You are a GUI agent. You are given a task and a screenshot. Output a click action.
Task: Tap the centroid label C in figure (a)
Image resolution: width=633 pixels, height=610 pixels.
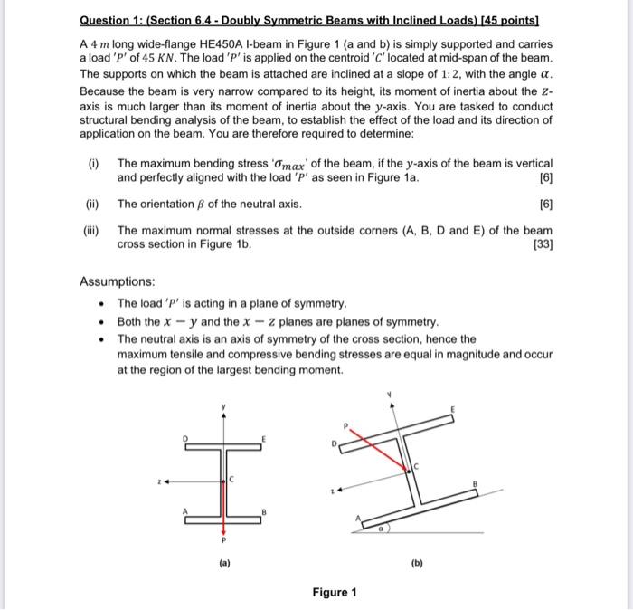point(232,479)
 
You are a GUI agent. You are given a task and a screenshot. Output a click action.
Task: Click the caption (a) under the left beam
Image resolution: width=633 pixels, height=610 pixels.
point(223,561)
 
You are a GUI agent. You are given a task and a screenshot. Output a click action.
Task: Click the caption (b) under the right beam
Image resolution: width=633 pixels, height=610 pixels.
point(418,561)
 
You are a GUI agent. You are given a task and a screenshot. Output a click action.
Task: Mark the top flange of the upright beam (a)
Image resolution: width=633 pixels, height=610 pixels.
point(223,446)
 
